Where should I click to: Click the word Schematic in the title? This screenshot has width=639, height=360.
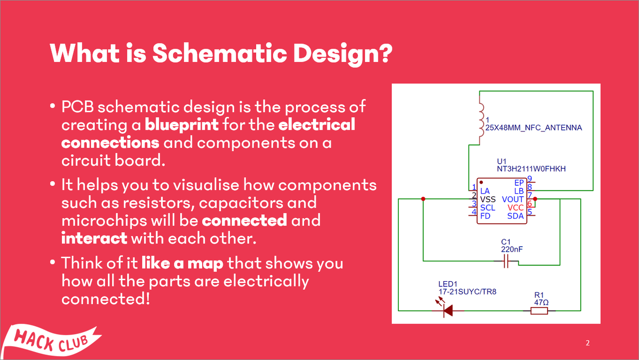221,53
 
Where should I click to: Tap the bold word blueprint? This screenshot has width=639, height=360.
181,124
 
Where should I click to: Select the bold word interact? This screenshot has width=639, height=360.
94,238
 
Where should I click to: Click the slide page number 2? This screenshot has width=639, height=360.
588,343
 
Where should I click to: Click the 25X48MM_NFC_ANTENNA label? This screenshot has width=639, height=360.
534,127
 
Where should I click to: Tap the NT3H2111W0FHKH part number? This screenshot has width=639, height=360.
531,169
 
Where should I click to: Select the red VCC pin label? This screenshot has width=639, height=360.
515,208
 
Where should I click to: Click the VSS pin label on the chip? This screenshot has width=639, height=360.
488,199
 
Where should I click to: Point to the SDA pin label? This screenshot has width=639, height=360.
515,216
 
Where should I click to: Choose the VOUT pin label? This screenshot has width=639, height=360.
513,199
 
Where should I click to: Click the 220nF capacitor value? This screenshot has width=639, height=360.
512,249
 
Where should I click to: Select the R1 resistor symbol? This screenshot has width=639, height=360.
539,311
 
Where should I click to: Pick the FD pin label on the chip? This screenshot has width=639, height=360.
485,216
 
